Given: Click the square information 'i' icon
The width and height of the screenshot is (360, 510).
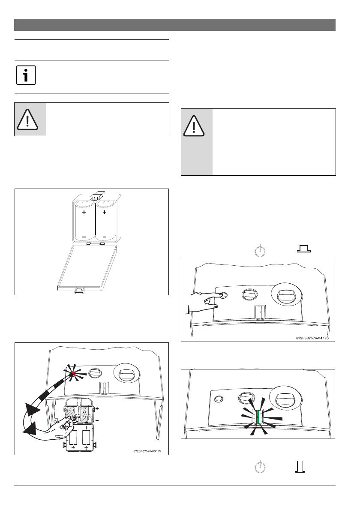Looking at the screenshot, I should [x=26, y=76].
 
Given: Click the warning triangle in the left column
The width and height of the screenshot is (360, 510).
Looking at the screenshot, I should [x=27, y=119].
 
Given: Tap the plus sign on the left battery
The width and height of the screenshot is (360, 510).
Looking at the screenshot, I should [x=84, y=212].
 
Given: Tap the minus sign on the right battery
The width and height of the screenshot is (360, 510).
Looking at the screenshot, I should [x=105, y=237].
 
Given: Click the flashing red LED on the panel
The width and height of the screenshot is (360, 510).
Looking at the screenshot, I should [x=73, y=374].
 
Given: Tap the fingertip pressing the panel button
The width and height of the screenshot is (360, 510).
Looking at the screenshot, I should [x=220, y=295].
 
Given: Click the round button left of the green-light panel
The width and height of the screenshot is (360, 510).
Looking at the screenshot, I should [x=219, y=399].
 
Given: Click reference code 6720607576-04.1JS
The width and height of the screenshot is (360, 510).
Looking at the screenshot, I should [x=312, y=338].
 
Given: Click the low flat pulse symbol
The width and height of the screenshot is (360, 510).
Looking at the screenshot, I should [x=303, y=249].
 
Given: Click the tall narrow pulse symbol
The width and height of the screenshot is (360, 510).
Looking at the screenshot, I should [x=300, y=466].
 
